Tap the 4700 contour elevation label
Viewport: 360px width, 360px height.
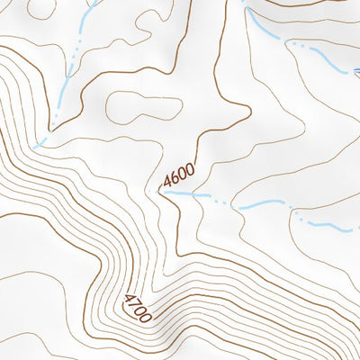coord(138,307)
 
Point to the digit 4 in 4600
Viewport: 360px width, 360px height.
coord(167,185)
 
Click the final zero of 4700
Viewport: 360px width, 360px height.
coord(147,317)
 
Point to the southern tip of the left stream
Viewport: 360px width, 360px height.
coord(36,146)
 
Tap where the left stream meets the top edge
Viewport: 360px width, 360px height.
coord(94,2)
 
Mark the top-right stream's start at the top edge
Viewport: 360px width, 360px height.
coord(244,2)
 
